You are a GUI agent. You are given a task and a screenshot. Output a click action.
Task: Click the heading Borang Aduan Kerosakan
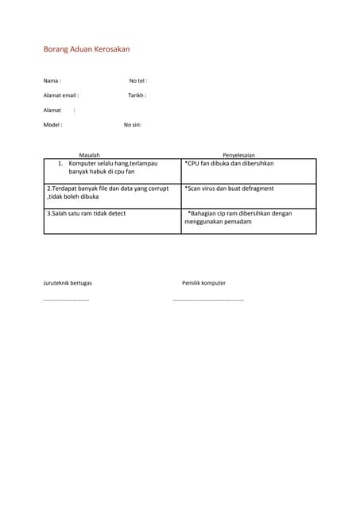point(86,49)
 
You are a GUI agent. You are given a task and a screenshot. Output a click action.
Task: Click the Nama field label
point(52,80)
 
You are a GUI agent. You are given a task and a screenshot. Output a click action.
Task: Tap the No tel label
point(138,80)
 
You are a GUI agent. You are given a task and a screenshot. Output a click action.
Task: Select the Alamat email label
point(61,95)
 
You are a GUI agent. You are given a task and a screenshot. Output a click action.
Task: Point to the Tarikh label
point(137,95)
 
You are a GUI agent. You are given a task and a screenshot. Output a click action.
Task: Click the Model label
point(52,125)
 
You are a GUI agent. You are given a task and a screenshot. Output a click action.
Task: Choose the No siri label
point(133,125)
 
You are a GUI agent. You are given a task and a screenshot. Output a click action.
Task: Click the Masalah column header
point(89,154)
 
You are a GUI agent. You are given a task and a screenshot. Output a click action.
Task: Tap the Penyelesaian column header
point(238,154)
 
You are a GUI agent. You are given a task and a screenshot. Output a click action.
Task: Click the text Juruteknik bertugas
point(68,282)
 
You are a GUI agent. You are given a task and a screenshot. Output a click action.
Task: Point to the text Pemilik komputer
point(203,282)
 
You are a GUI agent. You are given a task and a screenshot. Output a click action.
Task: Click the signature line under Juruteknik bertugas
point(66,300)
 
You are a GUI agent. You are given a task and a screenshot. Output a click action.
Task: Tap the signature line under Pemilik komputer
point(208,300)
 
